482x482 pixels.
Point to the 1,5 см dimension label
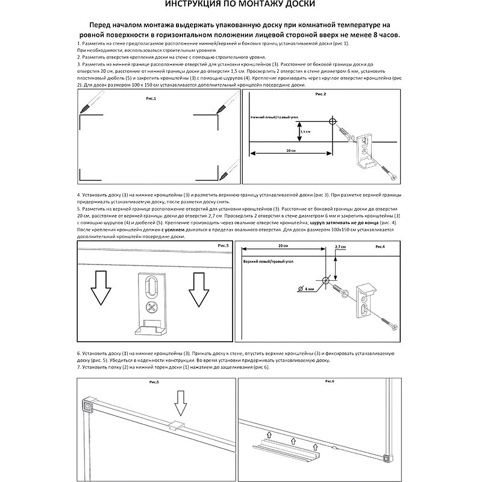307,131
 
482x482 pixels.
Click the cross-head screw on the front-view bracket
151,308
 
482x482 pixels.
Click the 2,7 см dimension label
340,247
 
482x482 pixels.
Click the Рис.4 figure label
381,247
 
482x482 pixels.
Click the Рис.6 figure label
330,382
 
